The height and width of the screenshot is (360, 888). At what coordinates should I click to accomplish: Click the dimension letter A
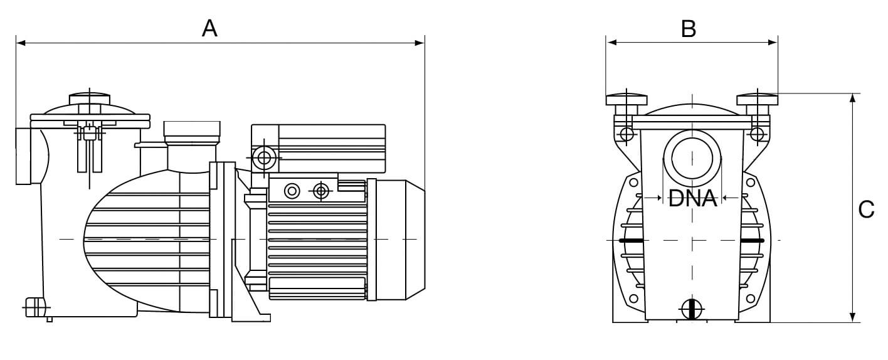click(209, 28)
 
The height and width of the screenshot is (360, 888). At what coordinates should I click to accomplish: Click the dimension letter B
click(689, 29)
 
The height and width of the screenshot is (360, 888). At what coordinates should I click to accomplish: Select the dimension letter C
click(866, 209)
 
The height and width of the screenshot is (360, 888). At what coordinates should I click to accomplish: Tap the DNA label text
click(692, 199)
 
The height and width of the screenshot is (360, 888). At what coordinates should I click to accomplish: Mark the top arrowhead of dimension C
click(853, 98)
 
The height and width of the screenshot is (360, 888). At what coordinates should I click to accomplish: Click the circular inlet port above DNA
click(692, 156)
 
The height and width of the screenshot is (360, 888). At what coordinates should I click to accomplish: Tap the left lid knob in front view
click(626, 99)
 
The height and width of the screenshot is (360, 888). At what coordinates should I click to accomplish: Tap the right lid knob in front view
click(758, 99)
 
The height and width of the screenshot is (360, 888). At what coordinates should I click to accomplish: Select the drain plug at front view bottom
click(692, 309)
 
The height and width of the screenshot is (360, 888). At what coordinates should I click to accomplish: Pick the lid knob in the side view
click(89, 98)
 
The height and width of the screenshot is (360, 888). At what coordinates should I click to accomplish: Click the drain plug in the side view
click(35, 308)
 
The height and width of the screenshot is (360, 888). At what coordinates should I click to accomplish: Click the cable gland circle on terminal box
click(264, 157)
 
